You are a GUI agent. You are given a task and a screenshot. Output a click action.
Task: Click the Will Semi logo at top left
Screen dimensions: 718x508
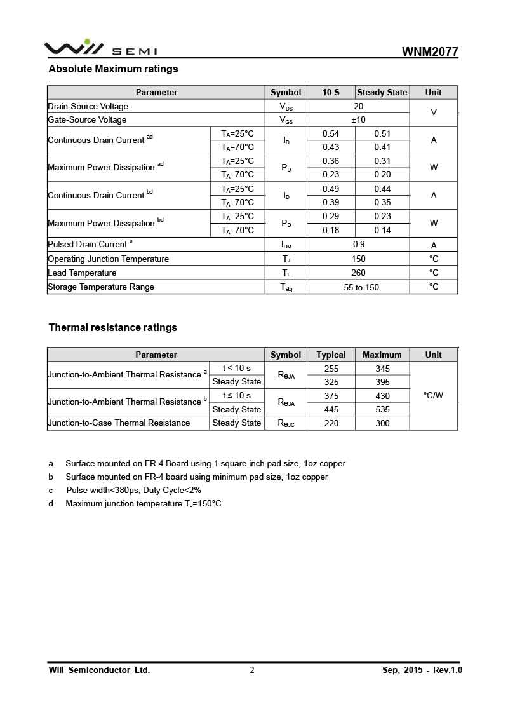click(100, 48)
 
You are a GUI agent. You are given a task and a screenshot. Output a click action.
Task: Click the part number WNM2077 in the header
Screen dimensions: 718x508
click(430, 52)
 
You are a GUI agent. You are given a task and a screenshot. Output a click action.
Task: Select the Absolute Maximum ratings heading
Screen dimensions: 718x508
click(113, 69)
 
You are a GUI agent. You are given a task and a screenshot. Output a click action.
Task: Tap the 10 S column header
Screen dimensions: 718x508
click(331, 92)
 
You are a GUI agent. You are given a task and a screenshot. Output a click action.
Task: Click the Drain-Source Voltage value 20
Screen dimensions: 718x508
click(359, 106)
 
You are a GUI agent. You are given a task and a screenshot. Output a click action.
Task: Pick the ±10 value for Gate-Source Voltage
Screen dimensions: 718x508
click(359, 119)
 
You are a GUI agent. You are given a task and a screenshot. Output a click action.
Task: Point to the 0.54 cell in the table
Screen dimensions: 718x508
click(331, 133)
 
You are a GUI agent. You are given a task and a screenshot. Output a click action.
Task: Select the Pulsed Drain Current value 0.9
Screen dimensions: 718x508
click(359, 245)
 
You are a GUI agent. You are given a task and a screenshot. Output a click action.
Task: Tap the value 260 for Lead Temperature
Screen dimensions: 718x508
click(359, 273)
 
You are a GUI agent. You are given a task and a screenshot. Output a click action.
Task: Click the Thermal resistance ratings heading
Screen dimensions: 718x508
click(113, 328)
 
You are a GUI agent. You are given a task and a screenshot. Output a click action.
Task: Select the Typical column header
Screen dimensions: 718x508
click(331, 355)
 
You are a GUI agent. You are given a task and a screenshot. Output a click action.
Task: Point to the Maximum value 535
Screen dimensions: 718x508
click(382, 409)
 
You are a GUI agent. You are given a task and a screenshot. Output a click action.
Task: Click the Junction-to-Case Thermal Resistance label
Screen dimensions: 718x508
click(119, 423)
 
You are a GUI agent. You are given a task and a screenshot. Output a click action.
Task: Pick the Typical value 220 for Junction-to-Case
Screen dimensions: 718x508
click(331, 423)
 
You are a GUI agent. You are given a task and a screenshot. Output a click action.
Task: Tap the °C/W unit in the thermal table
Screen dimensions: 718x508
click(434, 395)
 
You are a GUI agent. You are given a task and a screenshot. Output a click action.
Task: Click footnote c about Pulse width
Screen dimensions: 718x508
click(133, 490)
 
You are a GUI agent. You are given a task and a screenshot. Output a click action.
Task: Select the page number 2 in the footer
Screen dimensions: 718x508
click(252, 670)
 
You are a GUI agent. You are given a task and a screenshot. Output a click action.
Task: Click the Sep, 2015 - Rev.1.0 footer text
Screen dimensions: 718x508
click(422, 670)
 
